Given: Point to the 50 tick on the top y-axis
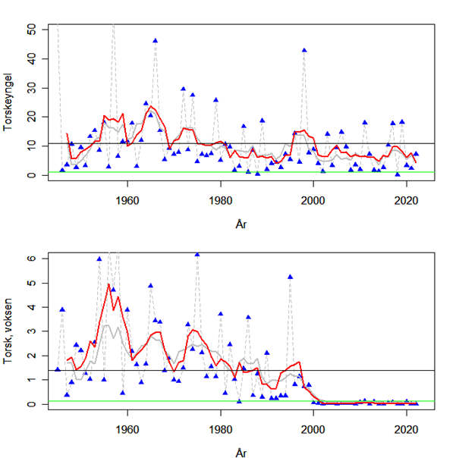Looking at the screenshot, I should (31, 28).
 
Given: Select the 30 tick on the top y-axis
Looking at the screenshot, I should (31, 87).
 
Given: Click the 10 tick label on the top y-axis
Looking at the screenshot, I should (31, 146).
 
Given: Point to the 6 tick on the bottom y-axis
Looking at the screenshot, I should (31, 258).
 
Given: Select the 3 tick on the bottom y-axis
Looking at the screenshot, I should (31, 331).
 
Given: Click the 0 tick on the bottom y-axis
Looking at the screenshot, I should (31, 404).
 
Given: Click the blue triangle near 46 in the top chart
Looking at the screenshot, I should (156, 40).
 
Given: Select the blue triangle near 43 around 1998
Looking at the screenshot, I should (304, 50).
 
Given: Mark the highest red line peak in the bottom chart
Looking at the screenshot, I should (108, 284).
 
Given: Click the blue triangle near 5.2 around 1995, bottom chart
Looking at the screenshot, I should (291, 277).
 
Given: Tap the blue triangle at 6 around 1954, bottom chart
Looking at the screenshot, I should (99, 259).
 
